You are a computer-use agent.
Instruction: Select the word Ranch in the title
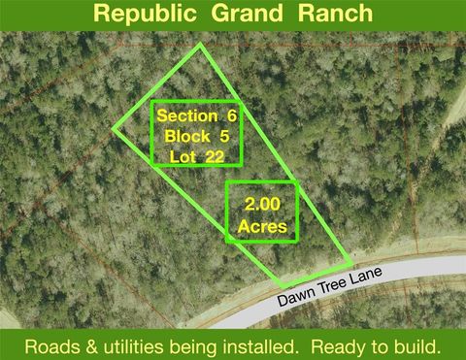336,14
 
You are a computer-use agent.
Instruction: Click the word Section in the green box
187,115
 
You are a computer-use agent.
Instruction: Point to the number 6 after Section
232,115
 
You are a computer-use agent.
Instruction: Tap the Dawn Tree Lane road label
327,285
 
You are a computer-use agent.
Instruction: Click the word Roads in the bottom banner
52,345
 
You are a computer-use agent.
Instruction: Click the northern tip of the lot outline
201,45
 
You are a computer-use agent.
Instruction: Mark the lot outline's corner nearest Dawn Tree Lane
350,263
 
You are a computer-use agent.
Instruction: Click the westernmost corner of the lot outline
115,129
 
